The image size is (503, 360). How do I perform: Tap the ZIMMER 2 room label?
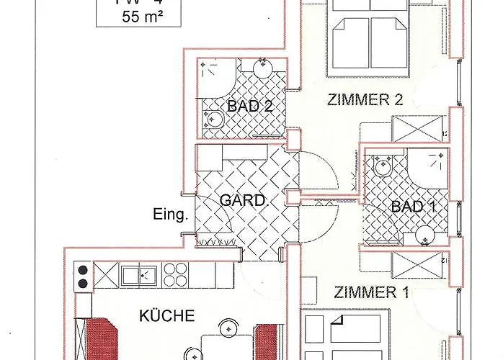(x=365, y=100)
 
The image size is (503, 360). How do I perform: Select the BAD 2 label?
(x=249, y=107)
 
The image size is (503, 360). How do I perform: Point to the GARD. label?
(x=244, y=200)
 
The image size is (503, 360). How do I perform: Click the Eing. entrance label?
(x=170, y=214)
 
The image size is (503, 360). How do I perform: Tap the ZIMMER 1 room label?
(x=365, y=292)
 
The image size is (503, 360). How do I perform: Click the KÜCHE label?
(x=167, y=315)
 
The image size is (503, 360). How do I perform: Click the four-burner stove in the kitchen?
(x=175, y=274)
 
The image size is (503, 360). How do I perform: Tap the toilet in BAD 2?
(x=213, y=120)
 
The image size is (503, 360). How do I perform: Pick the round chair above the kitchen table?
(x=229, y=328)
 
